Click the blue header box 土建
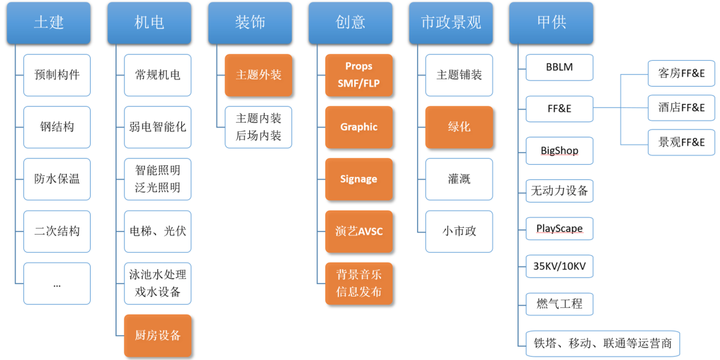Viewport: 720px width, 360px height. click(49, 23)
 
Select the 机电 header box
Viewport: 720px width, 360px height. click(149, 23)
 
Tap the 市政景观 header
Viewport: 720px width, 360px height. click(451, 23)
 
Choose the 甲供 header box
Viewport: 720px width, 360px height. click(551, 23)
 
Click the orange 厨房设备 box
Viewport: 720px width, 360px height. click(158, 335)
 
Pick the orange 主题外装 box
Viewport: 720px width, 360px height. click(259, 75)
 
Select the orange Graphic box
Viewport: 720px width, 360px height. click(359, 127)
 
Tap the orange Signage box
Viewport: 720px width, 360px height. click(359, 179)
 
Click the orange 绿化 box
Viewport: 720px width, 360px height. click(459, 127)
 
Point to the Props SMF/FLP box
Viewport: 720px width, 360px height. click(359, 75)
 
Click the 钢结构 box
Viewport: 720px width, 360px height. click(57, 127)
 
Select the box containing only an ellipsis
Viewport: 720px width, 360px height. click(57, 283)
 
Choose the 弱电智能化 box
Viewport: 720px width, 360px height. click(158, 127)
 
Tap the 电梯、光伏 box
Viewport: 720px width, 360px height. click(158, 231)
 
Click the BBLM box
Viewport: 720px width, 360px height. click(559, 67)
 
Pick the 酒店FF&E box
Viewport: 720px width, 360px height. click(681, 107)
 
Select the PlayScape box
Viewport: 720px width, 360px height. click(559, 229)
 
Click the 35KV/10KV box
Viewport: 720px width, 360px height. click(559, 266)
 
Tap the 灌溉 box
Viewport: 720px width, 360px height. click(459, 179)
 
